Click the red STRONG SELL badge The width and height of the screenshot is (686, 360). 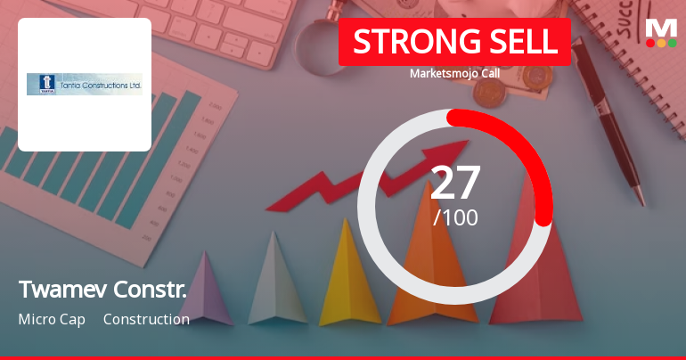454,42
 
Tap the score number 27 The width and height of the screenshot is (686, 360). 455,182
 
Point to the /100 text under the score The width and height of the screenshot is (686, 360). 455,217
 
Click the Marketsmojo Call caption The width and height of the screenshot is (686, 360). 454,73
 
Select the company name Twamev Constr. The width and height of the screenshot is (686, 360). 102,289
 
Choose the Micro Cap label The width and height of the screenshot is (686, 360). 52,319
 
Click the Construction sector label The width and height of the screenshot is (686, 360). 146,319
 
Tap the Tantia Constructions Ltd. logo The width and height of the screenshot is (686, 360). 85,84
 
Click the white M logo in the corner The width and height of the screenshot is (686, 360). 661,27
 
